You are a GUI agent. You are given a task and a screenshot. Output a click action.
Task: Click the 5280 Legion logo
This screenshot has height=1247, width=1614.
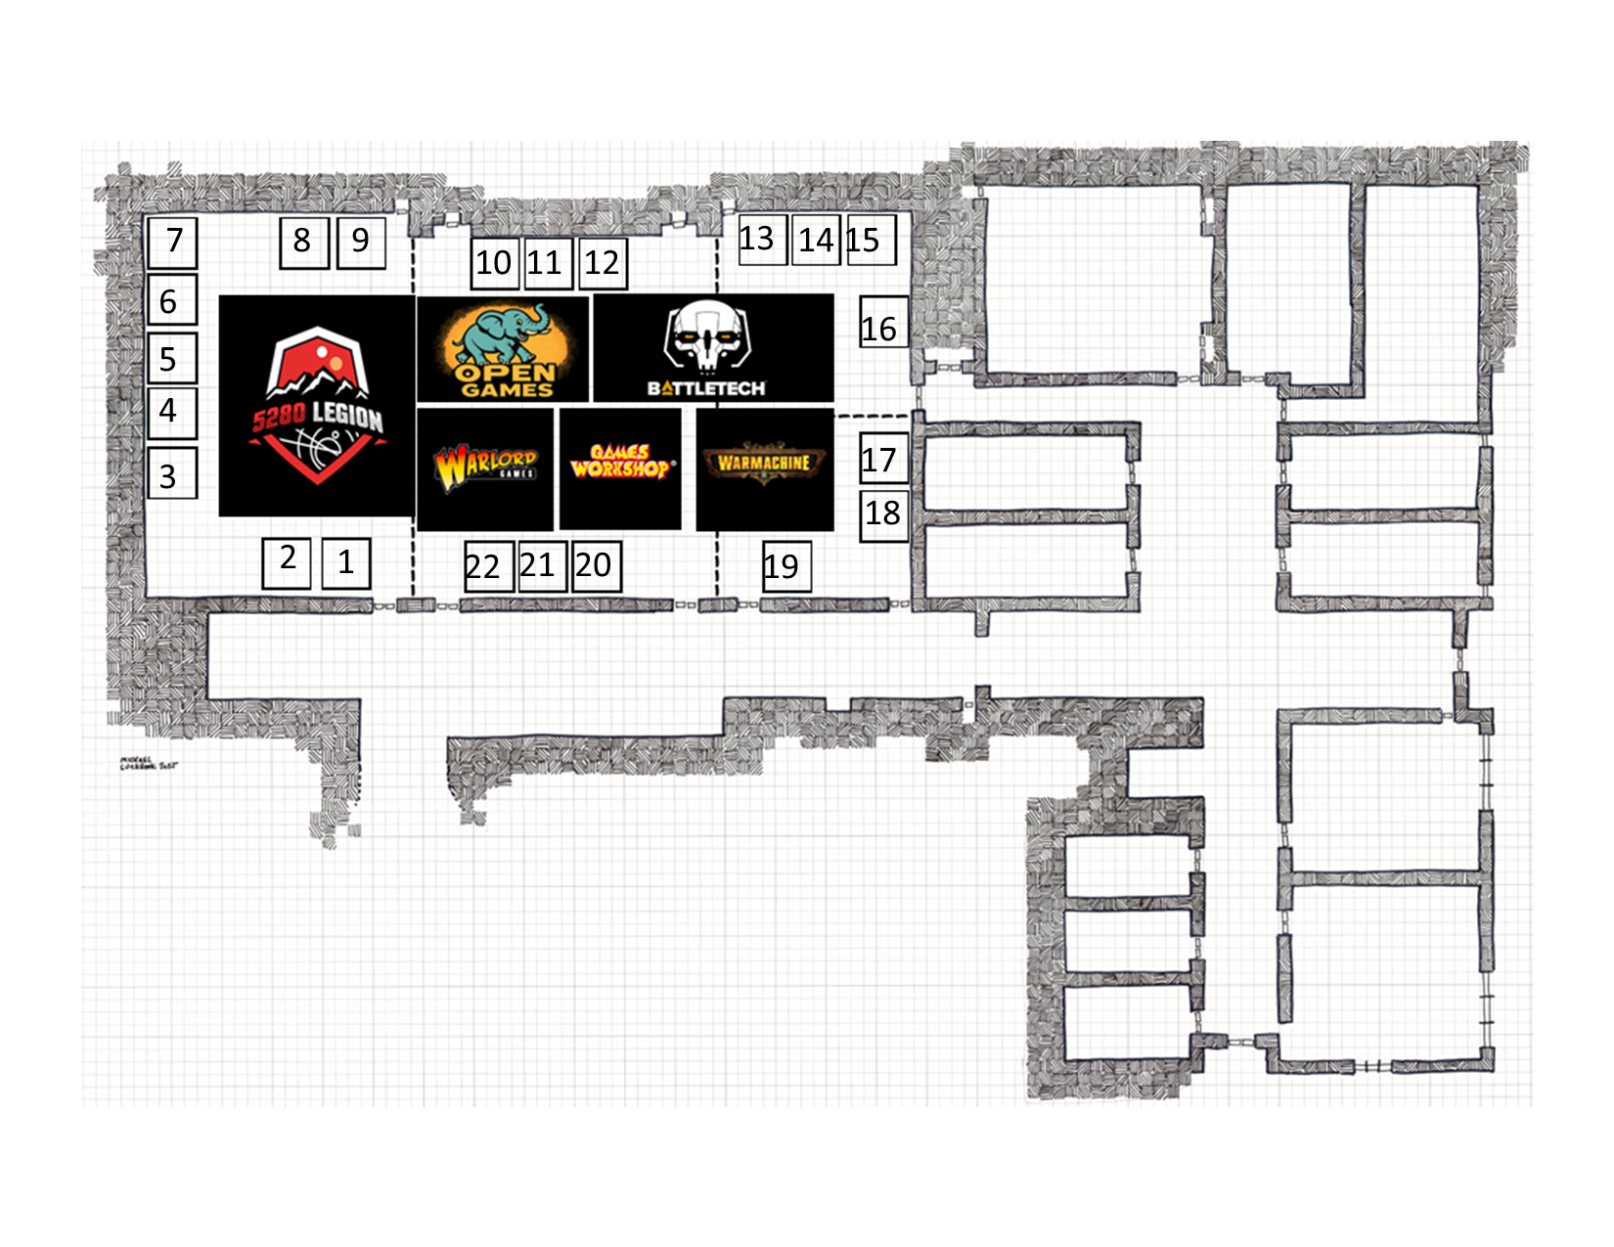[x=317, y=406]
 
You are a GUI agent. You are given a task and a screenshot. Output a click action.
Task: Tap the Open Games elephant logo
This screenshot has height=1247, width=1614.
[x=504, y=349]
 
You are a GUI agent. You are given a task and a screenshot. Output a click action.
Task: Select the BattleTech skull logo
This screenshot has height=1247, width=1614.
[x=713, y=348]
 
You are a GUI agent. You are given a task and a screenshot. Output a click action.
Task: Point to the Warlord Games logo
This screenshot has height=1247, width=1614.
[x=486, y=468]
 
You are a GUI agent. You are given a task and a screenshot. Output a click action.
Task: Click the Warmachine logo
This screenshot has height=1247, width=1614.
[x=764, y=468]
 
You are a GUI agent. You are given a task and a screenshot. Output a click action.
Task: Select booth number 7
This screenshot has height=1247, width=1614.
[x=172, y=242]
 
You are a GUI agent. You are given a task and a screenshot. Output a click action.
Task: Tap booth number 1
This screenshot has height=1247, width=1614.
[x=346, y=563]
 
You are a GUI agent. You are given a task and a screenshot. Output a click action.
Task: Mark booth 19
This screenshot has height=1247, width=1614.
[x=786, y=566]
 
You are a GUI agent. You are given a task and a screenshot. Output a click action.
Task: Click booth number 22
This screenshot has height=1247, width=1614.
[x=488, y=566]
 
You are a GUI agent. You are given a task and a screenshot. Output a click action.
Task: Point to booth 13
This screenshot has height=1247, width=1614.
[x=761, y=239]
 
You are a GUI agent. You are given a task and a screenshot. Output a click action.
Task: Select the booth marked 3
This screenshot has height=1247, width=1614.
[x=172, y=474]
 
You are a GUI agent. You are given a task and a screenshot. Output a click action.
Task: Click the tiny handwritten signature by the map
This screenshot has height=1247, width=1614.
[x=149, y=763]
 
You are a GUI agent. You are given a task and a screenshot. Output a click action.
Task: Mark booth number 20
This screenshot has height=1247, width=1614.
[x=596, y=566]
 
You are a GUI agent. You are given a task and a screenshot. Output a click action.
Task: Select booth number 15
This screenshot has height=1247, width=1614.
[x=870, y=240]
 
